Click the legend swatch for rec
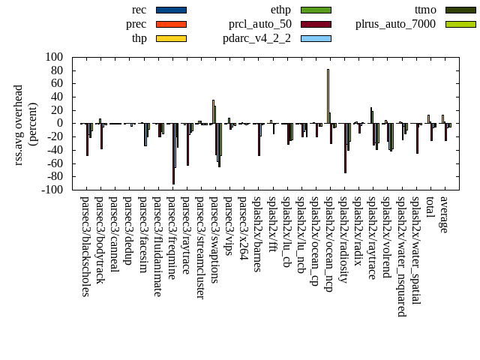click(171, 10)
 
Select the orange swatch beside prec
click(171, 24)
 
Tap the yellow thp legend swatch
click(171, 38)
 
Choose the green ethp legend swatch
click(316, 10)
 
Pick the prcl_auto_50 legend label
click(260, 24)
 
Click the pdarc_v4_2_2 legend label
click(257, 38)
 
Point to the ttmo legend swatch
click(460, 10)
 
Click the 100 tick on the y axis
click(54, 57)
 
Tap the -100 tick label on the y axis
click(52, 190)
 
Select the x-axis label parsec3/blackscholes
click(85, 246)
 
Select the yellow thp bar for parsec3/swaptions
click(213, 112)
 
